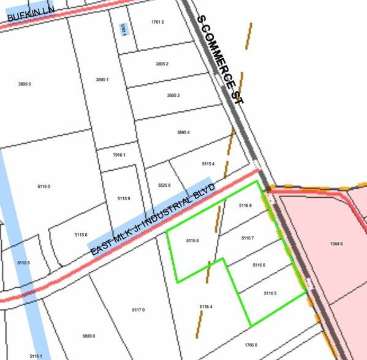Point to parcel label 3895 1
click(x=102, y=80)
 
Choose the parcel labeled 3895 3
click(x=173, y=96)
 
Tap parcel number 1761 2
click(x=157, y=22)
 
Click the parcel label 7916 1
click(x=119, y=156)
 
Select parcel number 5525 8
click(x=164, y=185)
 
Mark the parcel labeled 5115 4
click(x=208, y=164)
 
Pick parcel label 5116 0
click(x=44, y=186)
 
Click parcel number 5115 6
click(x=81, y=235)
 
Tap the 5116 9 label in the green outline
click(x=192, y=241)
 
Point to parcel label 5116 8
click(x=246, y=206)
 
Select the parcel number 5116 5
click(x=270, y=294)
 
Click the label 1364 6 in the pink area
click(x=336, y=244)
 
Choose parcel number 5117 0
click(x=138, y=310)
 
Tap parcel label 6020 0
click(x=89, y=336)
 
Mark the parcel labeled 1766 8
click(x=251, y=345)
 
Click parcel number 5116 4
click(x=206, y=306)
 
